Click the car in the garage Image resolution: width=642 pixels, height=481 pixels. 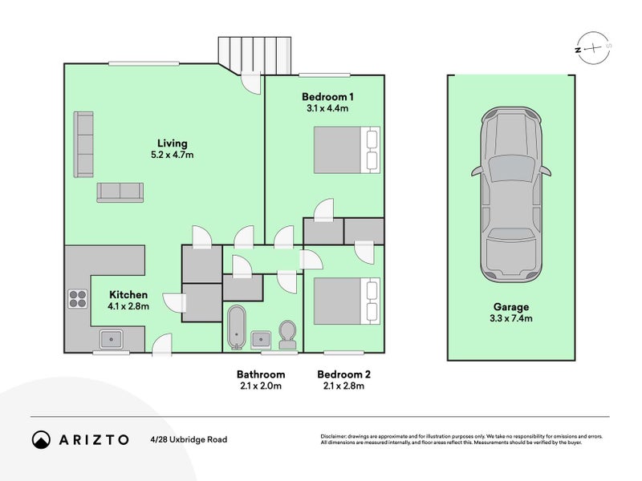(511, 194)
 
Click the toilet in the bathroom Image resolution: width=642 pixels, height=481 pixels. (287, 334)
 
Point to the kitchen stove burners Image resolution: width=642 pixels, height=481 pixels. (78, 298)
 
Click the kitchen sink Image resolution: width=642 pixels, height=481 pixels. (111, 339)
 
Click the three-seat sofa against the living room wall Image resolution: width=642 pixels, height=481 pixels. (83, 144)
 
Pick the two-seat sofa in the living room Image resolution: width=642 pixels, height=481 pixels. (120, 192)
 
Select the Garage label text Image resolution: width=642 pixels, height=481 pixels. (511, 307)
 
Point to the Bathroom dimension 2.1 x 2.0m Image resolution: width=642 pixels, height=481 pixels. (260, 386)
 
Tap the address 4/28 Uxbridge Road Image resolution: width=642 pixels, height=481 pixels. (188, 439)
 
